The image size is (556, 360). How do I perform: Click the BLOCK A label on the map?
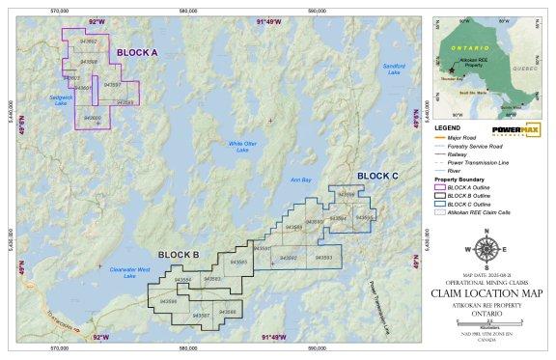pos(138,52)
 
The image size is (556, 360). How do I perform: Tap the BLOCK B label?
pos(178,255)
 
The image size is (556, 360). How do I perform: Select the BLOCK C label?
pos(376,176)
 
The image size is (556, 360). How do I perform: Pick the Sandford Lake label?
pos(394,69)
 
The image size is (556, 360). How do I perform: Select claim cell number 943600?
pos(93,117)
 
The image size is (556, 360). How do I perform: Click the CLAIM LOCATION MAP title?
pos(486,293)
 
